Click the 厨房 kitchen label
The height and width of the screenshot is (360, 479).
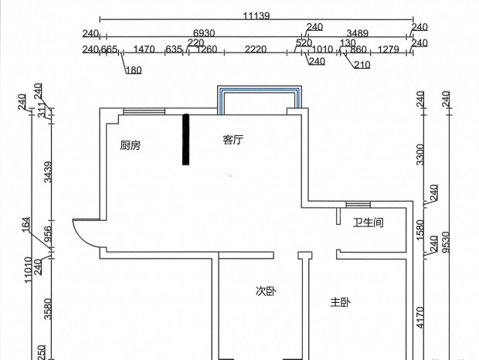[131, 145]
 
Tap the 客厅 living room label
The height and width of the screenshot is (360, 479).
[233, 140]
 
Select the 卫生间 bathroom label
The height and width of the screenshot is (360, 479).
[368, 222]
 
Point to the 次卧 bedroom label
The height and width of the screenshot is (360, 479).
[266, 291]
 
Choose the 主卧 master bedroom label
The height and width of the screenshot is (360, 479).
[340, 302]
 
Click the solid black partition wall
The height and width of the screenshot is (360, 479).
[185, 140]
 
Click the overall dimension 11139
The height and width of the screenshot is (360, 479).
[256, 15]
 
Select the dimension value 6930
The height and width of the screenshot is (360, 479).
[204, 33]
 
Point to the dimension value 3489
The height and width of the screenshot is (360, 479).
[358, 33]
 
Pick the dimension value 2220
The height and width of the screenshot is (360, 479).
[256, 49]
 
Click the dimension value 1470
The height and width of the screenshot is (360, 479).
[144, 49]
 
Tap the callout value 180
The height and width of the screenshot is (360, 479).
[134, 70]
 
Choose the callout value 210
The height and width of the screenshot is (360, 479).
[362, 65]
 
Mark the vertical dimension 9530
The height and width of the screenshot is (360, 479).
[447, 242]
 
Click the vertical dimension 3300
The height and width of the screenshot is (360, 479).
[420, 155]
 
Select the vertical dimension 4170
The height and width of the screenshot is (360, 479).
[420, 318]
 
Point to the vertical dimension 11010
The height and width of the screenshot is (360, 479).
[28, 270]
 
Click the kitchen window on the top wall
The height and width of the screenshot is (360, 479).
[144, 111]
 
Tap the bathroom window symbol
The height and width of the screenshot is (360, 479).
[358, 204]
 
